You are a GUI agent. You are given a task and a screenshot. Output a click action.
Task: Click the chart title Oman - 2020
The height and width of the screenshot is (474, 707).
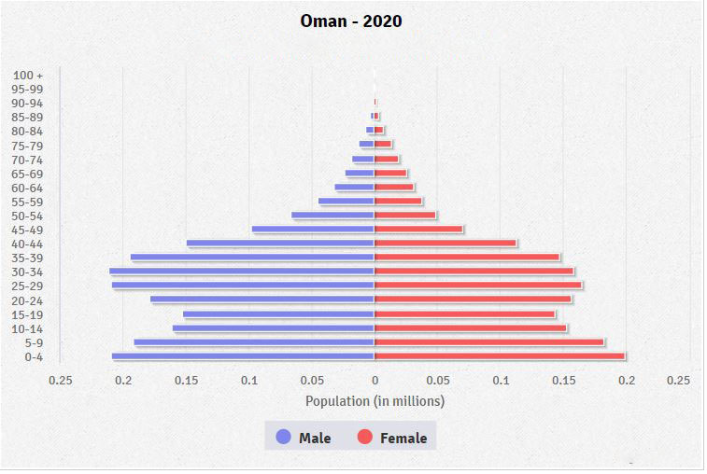click(351, 21)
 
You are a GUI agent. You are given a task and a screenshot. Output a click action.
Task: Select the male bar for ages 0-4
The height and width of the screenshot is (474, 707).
click(243, 356)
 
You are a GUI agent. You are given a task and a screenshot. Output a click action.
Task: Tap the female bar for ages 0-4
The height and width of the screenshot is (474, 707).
click(499, 356)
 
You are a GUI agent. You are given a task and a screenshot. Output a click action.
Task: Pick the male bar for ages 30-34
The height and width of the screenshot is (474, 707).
click(242, 272)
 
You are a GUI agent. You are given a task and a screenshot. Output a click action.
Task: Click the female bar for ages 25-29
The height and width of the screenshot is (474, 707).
click(478, 286)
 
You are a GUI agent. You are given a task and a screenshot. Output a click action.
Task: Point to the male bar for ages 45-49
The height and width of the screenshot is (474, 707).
click(313, 230)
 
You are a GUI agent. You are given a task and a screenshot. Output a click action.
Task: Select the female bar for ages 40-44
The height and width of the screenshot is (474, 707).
click(445, 244)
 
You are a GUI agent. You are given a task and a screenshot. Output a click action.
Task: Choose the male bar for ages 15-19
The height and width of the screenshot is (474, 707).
click(278, 314)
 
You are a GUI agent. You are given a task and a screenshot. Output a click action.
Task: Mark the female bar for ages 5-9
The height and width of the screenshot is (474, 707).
click(488, 342)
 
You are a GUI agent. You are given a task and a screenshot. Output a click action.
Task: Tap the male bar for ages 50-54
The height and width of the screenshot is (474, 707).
click(332, 216)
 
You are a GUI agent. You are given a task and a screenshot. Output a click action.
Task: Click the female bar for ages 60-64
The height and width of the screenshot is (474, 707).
click(393, 188)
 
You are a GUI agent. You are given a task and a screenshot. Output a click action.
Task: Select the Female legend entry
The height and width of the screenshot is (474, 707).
click(391, 438)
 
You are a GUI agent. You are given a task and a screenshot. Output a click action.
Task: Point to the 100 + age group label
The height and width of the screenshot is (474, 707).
click(28, 75)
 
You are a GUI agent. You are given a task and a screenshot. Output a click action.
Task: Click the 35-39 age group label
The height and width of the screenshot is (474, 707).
click(27, 258)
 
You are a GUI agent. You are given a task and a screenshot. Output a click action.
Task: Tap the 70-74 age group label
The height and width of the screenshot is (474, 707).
click(27, 160)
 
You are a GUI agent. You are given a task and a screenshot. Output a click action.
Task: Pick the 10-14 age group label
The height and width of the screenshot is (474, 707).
click(27, 328)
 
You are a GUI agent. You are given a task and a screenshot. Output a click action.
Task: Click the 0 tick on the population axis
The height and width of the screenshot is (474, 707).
click(375, 381)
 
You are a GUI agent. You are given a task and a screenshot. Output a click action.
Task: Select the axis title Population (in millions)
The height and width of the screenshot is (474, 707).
click(375, 401)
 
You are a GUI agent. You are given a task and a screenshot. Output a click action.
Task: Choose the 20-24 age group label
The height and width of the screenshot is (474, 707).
click(27, 300)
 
